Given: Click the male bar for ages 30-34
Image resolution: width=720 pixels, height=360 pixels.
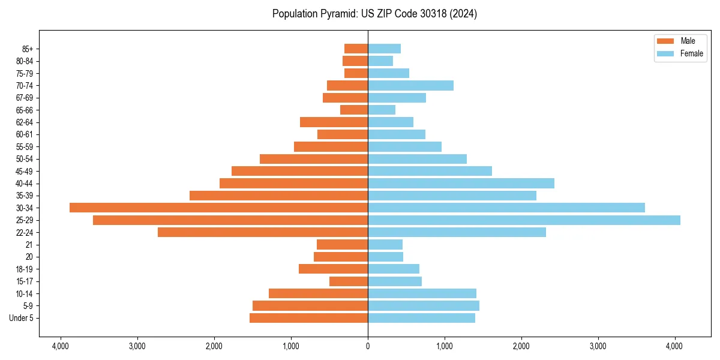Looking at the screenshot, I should tap(218, 208).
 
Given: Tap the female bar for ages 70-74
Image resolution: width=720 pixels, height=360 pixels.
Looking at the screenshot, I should tap(410, 86).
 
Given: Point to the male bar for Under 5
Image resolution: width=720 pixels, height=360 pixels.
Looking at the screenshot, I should tap(308, 318).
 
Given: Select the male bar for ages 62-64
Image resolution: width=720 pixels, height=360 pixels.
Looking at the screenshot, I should tap(334, 122).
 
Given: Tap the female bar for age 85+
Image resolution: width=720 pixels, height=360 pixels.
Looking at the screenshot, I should tap(384, 49).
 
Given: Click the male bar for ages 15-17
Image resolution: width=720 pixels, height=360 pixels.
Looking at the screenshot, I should tap(349, 281).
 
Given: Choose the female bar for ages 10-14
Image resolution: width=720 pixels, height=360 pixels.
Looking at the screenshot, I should tap(422, 293).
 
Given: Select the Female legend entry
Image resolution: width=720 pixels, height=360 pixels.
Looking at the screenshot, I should tap(679, 53).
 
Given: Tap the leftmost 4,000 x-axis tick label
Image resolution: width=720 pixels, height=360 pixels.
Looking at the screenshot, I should tap(61, 346).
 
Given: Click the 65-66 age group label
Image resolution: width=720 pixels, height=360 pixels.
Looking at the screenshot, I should tap(24, 110).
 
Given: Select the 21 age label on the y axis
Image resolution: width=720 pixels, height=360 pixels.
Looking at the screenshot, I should tap(29, 245).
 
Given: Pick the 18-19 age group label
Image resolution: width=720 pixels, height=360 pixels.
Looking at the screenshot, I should tap(24, 269).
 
